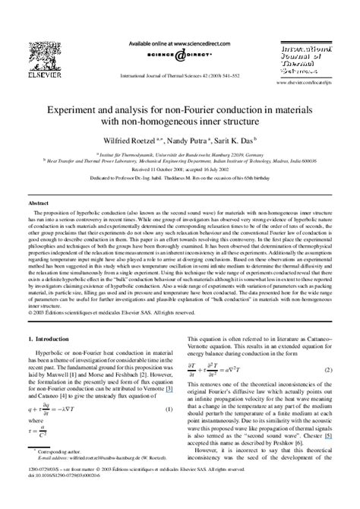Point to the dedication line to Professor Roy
180,175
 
